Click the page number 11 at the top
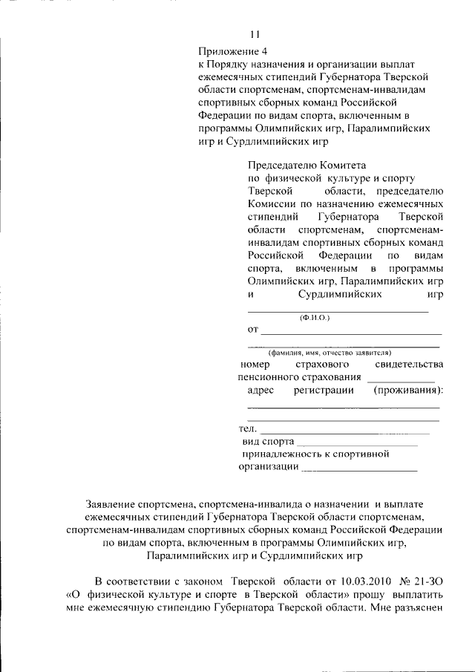(x=255, y=33)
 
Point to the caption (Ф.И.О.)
(x=315, y=318)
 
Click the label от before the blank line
(x=252, y=329)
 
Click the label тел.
(x=247, y=429)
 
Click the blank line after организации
(x=359, y=470)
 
